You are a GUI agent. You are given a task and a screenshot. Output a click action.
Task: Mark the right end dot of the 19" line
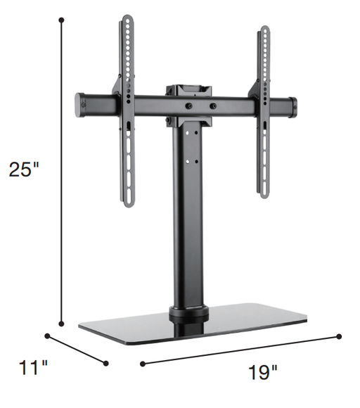point(340,336)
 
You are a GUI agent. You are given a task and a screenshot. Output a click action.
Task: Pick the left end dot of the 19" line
point(143,364)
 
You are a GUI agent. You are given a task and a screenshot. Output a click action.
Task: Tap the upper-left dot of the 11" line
point(49,336)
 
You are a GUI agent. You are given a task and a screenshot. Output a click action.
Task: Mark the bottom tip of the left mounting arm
point(129,205)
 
